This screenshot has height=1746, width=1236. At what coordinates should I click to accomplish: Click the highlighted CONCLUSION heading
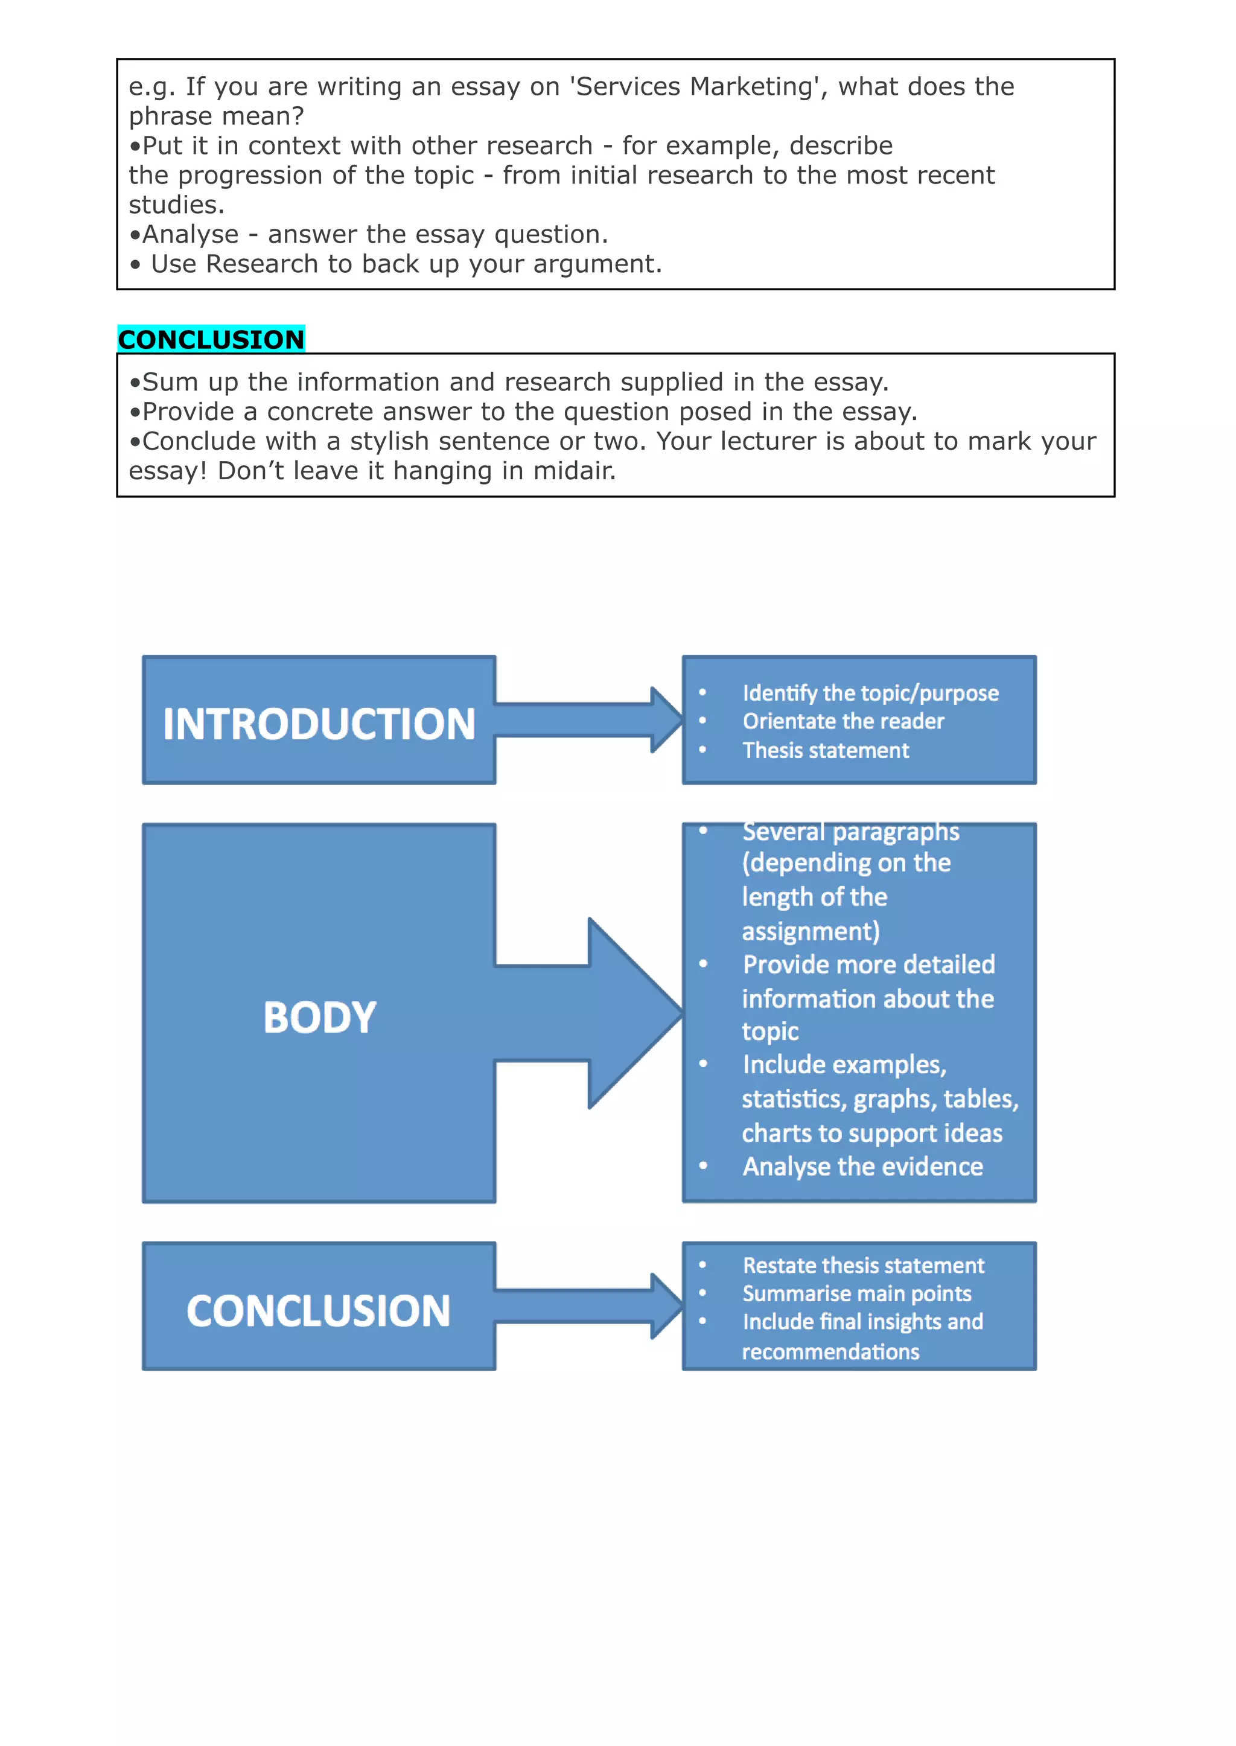211,339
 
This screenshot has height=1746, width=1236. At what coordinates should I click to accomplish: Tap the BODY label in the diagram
320,1017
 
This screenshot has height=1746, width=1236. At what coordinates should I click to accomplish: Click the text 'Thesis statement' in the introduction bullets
826,750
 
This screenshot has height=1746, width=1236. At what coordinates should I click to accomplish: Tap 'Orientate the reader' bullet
843,721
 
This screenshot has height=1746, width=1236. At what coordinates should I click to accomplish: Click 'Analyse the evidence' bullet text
863,1166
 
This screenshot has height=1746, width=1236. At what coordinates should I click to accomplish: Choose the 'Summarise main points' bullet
857,1293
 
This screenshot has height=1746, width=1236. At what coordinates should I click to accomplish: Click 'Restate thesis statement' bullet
864,1265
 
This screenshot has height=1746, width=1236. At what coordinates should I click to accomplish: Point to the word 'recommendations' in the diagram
831,1352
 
